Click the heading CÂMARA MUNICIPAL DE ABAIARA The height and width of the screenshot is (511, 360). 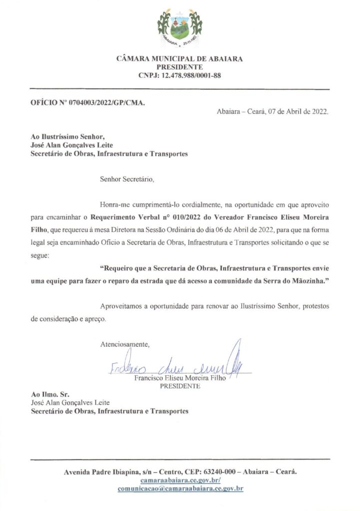click(x=180, y=59)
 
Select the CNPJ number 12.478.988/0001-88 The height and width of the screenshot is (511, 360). click(x=190, y=76)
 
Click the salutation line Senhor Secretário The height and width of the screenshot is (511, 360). click(x=127, y=179)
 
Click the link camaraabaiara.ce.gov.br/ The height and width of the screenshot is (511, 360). click(x=180, y=480)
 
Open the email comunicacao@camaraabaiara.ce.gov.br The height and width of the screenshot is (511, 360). click(x=180, y=489)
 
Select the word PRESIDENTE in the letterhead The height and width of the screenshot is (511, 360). click(x=180, y=67)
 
